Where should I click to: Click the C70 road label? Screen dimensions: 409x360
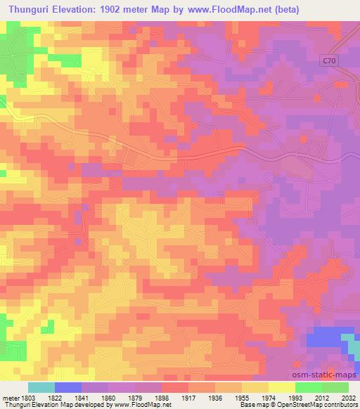tap(330, 61)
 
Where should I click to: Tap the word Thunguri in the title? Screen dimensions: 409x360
tap(33, 8)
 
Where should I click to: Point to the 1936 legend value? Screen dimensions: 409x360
tap(226, 398)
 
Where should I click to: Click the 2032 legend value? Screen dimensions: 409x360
tap(349, 398)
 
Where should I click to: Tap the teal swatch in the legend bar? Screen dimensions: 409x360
tap(41, 387)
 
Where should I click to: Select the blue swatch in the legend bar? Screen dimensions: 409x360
tap(68, 387)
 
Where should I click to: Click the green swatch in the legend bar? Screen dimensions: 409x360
tap(308, 387)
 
